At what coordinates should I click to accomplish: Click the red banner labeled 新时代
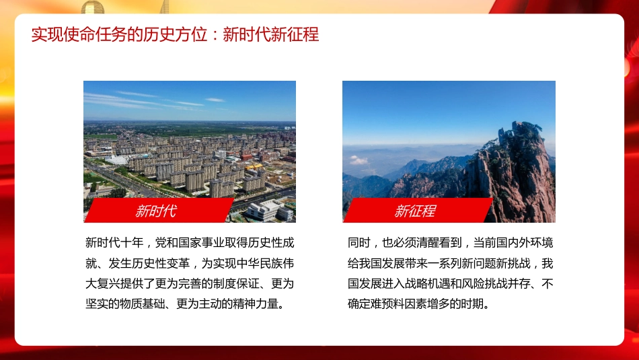click(156, 211)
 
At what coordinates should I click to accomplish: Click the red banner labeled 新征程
click(415, 211)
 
